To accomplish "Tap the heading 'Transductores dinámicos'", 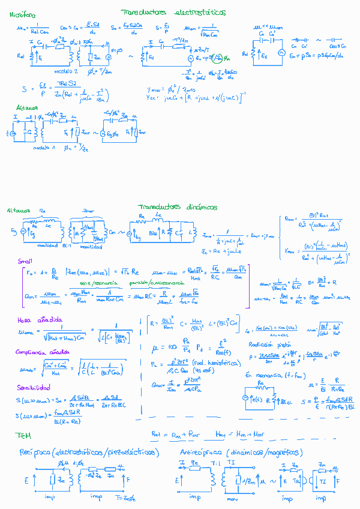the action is [x=177, y=206].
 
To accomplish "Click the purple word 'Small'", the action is [x=25, y=261].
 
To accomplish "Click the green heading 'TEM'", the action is [x=23, y=434].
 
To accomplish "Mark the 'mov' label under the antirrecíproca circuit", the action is [x=230, y=498].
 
